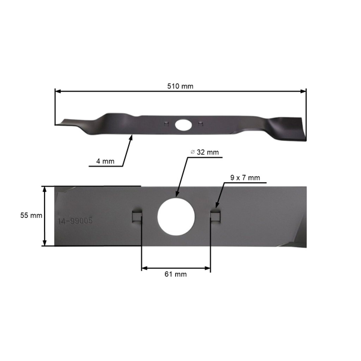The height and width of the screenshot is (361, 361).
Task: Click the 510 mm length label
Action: pos(180,86)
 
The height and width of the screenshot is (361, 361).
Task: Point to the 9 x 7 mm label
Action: pos(245,177)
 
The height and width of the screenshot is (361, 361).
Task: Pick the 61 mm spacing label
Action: pos(175,274)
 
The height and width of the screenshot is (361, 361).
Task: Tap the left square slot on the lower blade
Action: pos(137,215)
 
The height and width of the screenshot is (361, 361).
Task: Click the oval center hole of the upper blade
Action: pos(182,125)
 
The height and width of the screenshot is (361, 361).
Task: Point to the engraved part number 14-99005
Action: pos(75,221)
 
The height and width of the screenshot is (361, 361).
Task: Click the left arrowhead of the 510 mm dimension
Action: pos(57,91)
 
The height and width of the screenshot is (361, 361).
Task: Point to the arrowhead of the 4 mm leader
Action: pos(131,137)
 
